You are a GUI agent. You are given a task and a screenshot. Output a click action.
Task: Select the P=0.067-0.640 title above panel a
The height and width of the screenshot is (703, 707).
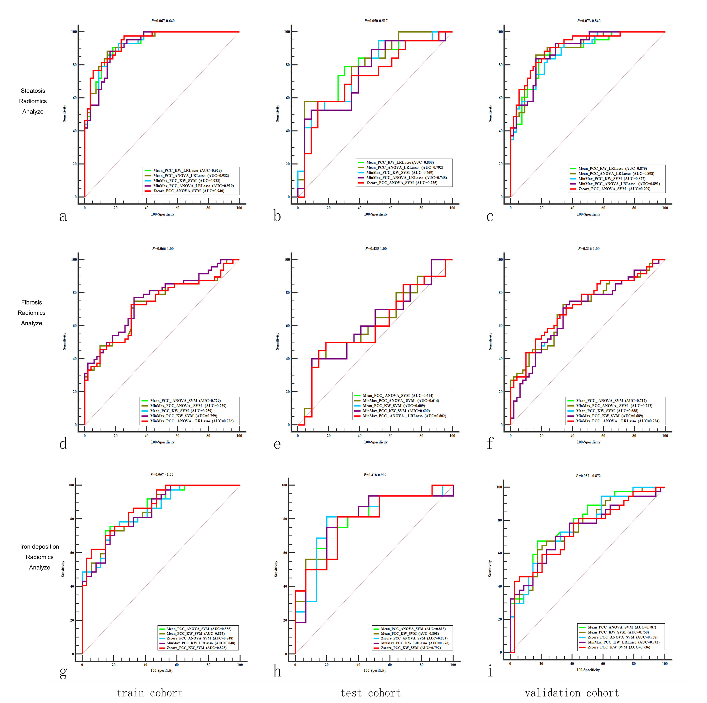pos(163,21)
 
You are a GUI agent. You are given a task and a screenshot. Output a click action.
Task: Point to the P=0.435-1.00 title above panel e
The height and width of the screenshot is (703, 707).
pos(376,249)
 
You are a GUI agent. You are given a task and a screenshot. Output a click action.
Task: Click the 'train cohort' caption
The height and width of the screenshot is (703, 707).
pos(149,693)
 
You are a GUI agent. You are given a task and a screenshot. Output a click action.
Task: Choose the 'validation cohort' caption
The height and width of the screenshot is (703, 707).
pos(572,693)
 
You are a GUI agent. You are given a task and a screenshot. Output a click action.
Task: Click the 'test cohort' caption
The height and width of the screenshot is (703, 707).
pos(370,693)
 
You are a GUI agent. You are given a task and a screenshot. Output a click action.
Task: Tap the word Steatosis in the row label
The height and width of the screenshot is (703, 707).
pos(33,91)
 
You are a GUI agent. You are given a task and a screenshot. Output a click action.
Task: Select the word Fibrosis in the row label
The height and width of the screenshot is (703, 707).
pos(31,302)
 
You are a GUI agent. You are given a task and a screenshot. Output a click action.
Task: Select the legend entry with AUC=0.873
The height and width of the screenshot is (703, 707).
pos(197,648)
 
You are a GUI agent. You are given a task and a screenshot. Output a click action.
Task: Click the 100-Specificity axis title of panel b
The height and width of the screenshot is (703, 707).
pos(375,214)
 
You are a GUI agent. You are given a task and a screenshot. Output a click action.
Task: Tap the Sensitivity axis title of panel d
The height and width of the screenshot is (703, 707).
pos(65,341)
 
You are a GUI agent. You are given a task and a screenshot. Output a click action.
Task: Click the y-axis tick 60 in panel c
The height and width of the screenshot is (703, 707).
pos(500,98)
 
